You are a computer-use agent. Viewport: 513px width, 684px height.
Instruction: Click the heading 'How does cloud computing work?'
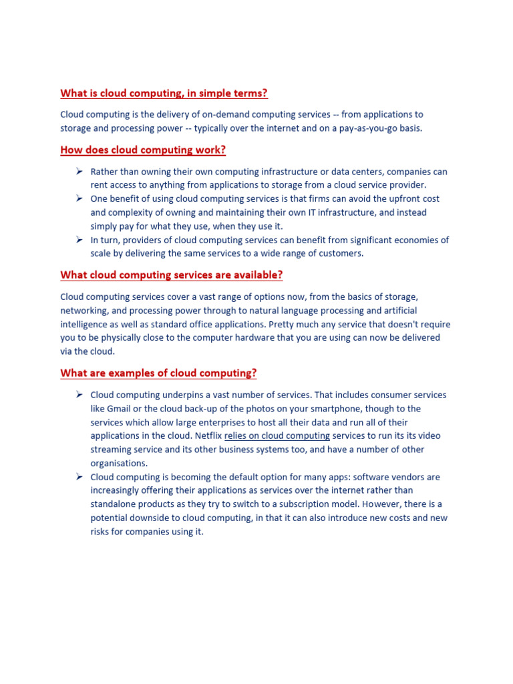click(x=143, y=150)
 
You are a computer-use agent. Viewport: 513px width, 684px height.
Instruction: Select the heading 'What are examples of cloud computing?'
click(x=158, y=373)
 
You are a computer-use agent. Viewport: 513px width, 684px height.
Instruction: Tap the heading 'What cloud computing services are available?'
click(x=172, y=275)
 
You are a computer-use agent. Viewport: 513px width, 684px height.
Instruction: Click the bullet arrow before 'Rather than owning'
click(x=78, y=172)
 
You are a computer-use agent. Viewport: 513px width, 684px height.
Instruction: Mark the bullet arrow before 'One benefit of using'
click(x=78, y=199)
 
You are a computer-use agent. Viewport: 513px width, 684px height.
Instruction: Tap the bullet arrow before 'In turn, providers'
click(x=78, y=240)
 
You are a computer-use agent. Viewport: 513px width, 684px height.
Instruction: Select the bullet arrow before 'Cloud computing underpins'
click(x=78, y=395)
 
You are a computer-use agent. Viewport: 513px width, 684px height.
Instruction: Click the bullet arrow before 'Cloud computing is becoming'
click(x=78, y=477)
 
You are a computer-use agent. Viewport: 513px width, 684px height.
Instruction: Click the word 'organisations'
click(x=118, y=464)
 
